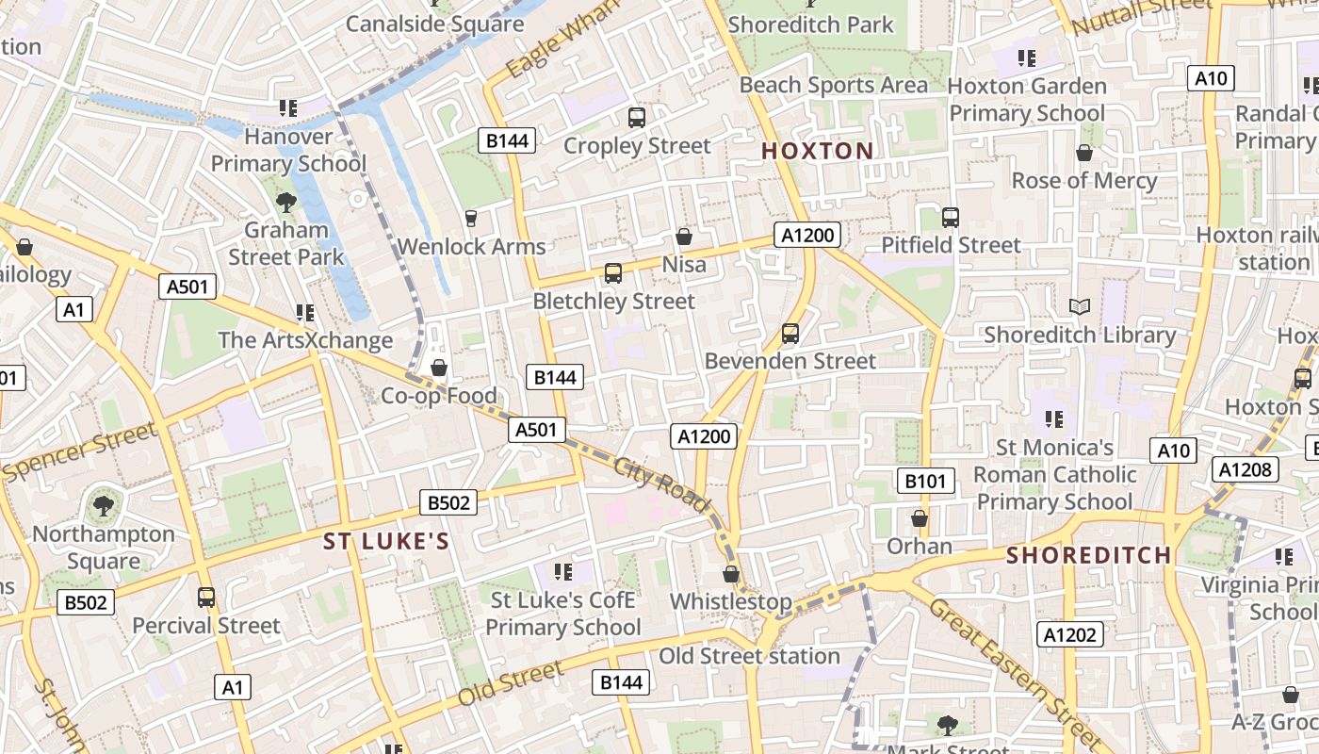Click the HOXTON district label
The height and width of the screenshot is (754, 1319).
pos(817,151)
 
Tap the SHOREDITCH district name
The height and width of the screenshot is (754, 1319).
pos(1088,555)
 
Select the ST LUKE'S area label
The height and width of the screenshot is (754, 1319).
pos(386,541)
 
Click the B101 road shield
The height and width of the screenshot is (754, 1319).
pos(924,482)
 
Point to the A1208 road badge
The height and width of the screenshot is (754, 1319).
pos(1246,469)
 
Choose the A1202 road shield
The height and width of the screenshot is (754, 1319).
pos(1070,635)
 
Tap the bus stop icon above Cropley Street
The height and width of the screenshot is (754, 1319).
pos(637,118)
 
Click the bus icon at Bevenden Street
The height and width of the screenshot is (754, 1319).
pos(790,334)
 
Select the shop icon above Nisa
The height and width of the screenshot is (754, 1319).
pos(684,237)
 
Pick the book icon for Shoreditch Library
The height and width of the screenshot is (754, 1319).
pos(1080,307)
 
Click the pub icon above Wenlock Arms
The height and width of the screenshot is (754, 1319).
pos(471,219)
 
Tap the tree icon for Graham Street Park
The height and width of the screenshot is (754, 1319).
pos(285,202)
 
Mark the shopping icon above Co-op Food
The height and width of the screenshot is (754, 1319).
pos(438,368)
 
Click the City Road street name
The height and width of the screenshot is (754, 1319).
pos(661,484)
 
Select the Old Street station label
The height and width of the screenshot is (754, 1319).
pos(749,656)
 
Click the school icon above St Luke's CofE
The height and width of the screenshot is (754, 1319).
pos(563,571)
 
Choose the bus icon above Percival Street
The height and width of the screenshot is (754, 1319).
pos(206,598)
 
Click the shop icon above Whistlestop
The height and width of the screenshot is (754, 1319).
pos(731,574)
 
